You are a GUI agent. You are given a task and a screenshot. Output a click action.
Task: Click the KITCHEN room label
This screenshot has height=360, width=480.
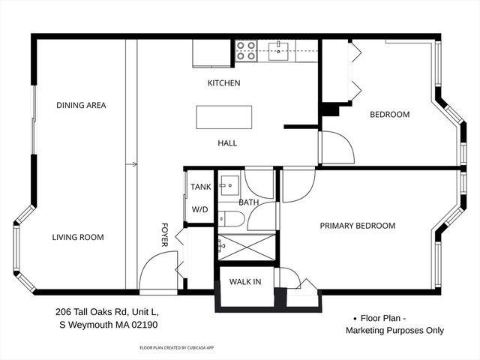pos(223,83)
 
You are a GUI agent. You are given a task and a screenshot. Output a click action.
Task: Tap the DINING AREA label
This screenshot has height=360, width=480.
pos(81,106)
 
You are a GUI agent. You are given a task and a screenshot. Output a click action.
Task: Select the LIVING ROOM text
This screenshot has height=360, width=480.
pos(78,238)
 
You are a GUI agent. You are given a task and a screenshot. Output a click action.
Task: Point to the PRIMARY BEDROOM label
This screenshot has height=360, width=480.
pos(358,226)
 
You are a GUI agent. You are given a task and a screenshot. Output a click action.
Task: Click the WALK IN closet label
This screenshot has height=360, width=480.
pos(245,282)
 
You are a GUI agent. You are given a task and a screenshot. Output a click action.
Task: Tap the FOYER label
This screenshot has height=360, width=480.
pos(165,235)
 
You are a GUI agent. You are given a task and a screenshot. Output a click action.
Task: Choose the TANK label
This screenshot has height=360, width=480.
pos(200,187)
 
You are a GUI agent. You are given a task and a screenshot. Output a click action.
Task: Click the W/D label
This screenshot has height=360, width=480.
pos(199,210)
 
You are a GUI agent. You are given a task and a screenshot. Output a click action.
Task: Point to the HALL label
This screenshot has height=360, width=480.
pos(227,143)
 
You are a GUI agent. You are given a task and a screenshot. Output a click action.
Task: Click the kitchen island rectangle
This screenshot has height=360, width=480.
pos(224,118)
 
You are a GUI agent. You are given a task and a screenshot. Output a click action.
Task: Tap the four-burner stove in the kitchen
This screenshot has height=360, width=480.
pos(246,50)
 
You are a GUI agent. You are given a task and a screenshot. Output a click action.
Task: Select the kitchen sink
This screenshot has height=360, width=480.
pos(278,50)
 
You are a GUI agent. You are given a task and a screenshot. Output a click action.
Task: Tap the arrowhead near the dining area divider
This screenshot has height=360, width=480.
pos(134,163)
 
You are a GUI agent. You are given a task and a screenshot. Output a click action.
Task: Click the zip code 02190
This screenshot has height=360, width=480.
pos(142,325)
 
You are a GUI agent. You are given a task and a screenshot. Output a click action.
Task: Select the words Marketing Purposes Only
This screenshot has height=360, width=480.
pos(394,330)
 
